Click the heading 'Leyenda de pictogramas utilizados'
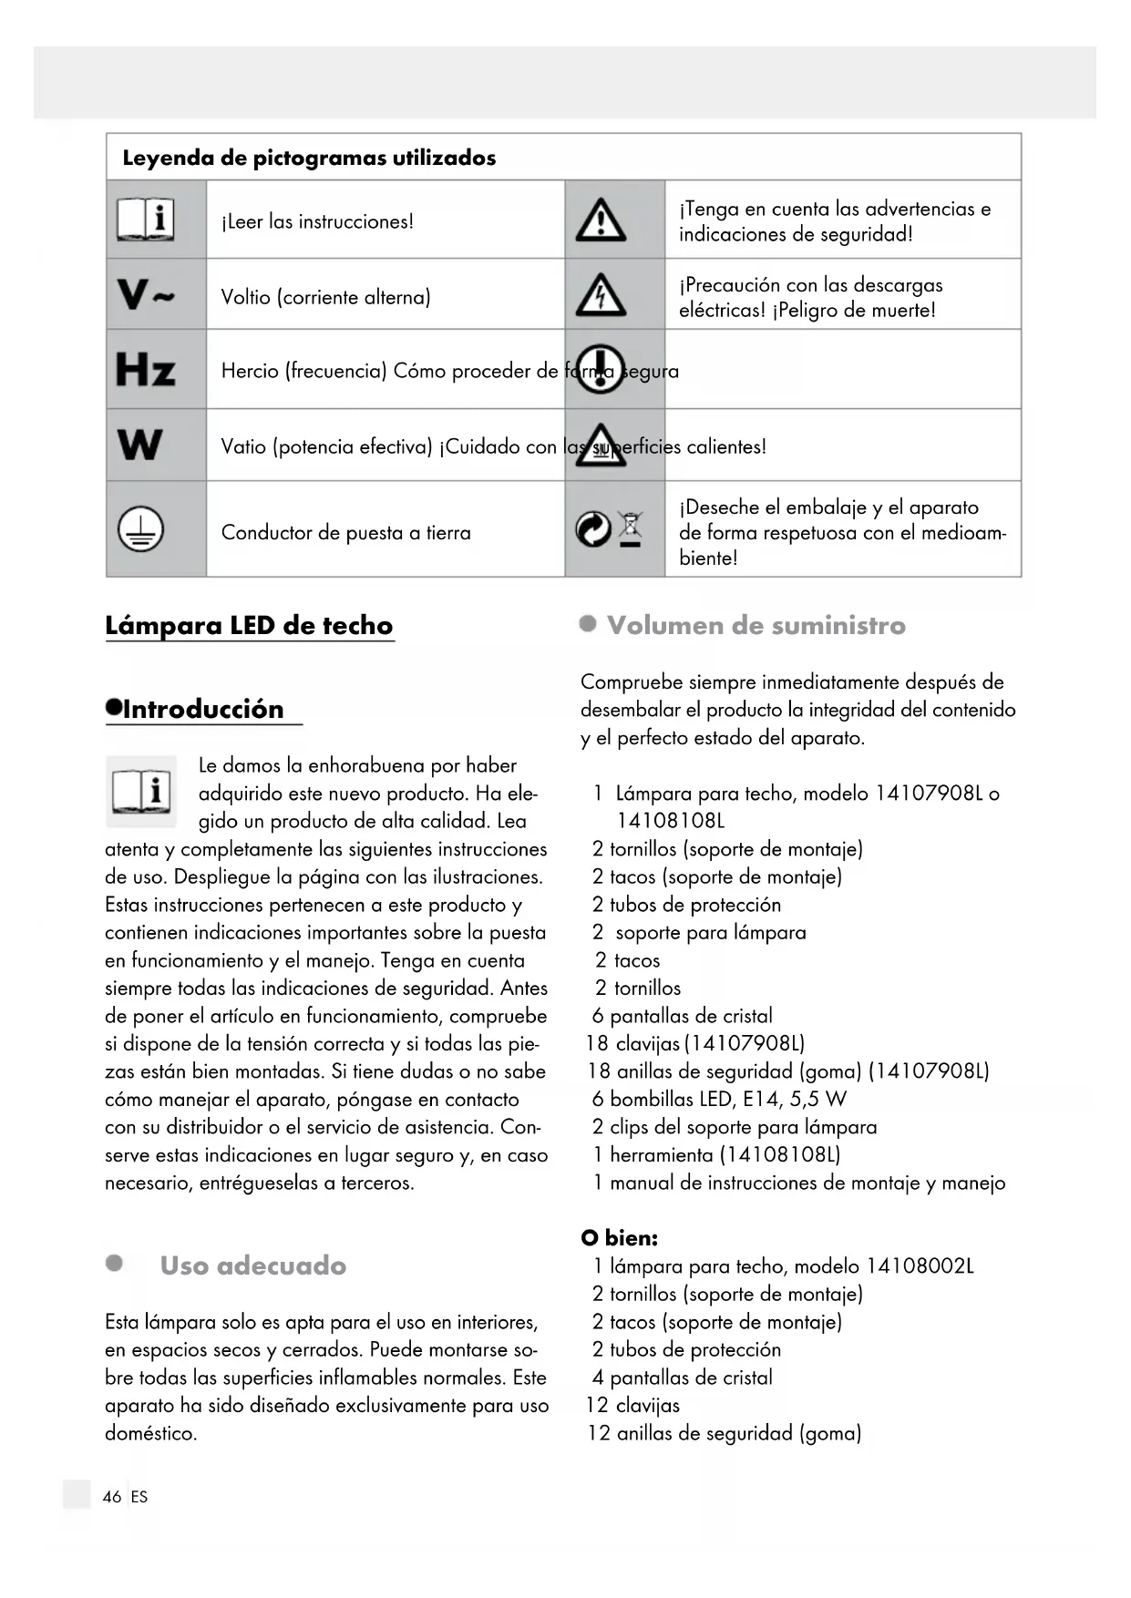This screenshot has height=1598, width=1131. (309, 158)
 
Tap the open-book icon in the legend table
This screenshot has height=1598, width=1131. (146, 220)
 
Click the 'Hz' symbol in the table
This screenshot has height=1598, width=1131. (145, 370)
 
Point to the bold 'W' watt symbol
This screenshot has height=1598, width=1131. (140, 445)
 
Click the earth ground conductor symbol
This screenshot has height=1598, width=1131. (140, 529)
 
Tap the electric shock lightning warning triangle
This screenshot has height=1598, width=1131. (601, 296)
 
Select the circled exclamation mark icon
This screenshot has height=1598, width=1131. (600, 369)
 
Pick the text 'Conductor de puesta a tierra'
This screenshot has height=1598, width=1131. (346, 533)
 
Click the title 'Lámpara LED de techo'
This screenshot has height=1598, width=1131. (249, 626)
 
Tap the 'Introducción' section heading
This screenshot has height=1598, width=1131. (202, 710)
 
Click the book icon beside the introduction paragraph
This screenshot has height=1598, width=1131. (141, 790)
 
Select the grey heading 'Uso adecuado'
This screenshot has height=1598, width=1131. (252, 1265)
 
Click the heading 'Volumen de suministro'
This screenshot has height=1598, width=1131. (756, 626)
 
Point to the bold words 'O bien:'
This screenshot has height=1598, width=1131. (620, 1238)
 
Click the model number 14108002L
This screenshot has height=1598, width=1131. (920, 1266)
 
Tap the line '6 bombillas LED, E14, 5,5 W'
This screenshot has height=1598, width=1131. (719, 1100)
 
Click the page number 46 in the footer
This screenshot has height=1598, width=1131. (112, 1497)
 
